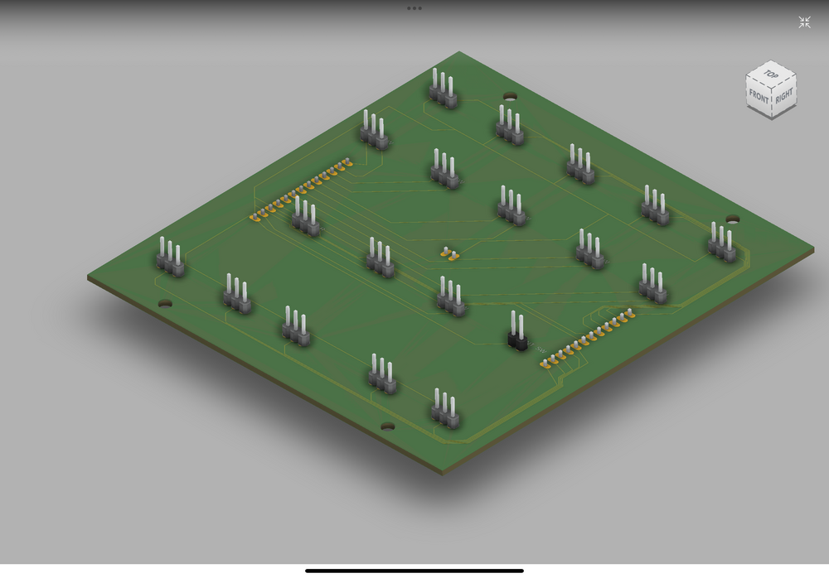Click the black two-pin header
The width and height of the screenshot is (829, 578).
[x=517, y=332]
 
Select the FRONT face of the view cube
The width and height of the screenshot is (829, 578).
[x=759, y=97]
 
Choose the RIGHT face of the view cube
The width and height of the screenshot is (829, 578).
[x=784, y=95]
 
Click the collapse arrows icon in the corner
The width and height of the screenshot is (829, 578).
[x=804, y=22]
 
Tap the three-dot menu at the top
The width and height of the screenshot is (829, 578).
[x=414, y=8]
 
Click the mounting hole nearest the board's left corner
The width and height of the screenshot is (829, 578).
[x=165, y=303]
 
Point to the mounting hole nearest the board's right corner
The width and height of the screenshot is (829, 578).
[x=732, y=219]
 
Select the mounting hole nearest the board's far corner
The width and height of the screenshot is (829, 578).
[x=510, y=96]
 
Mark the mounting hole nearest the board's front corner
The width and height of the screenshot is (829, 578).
[x=387, y=426]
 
